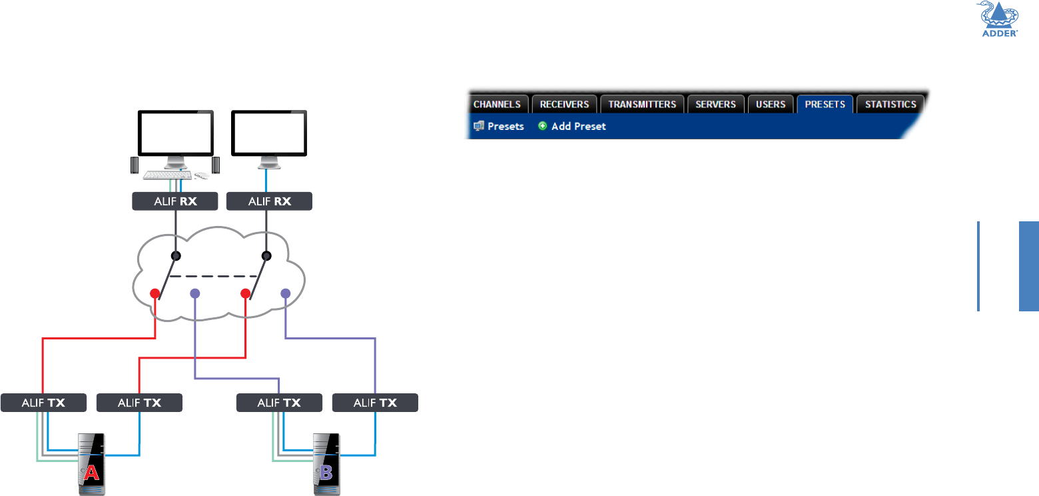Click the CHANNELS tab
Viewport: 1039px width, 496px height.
click(x=497, y=104)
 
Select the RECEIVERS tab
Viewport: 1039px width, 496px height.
click(x=564, y=104)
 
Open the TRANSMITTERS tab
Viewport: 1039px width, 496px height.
click(x=642, y=104)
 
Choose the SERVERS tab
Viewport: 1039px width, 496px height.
click(x=715, y=104)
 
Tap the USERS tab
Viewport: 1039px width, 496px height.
click(x=771, y=104)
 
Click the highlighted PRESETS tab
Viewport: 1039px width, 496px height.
click(x=825, y=104)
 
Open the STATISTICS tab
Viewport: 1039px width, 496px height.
click(x=890, y=104)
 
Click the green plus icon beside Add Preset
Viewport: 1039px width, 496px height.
click(x=542, y=126)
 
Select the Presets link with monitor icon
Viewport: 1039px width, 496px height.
click(x=499, y=126)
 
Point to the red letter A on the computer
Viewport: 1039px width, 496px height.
click(x=91, y=472)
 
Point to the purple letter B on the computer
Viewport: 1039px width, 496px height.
click(x=326, y=472)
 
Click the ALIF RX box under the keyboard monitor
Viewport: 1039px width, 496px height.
click(x=175, y=201)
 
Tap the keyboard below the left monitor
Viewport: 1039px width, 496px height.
click(x=167, y=175)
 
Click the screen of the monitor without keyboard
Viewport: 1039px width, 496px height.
click(x=269, y=133)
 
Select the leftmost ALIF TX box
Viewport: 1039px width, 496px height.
click(x=43, y=403)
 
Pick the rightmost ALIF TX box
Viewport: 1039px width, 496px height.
click(x=375, y=403)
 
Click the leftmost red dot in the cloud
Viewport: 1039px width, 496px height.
click(x=155, y=293)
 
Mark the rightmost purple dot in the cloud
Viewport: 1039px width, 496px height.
click(x=286, y=293)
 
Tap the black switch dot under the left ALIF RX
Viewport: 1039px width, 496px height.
click(x=176, y=255)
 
